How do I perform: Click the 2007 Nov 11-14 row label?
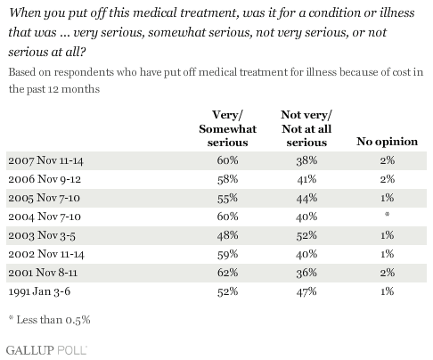[x=45, y=160]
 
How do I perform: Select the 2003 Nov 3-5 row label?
[x=42, y=235]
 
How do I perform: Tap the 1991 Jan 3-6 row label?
[x=39, y=291]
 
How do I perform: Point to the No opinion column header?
[x=387, y=142]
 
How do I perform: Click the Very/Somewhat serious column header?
[x=227, y=128]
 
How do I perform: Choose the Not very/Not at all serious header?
[x=306, y=128]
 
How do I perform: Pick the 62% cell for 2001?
[x=227, y=273]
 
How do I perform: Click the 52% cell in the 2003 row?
[x=306, y=235]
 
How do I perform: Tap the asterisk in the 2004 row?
[x=387, y=215]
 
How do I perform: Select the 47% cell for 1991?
[x=306, y=291]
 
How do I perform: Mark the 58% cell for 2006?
[x=227, y=179]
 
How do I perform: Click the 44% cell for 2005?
[x=306, y=198]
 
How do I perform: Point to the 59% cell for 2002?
[x=227, y=254]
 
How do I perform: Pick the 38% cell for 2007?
[x=306, y=160]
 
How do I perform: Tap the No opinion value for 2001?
[x=388, y=273]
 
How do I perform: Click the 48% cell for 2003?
[x=227, y=235]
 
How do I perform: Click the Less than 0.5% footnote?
[x=49, y=320]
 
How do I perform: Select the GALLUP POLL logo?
[x=46, y=350]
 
